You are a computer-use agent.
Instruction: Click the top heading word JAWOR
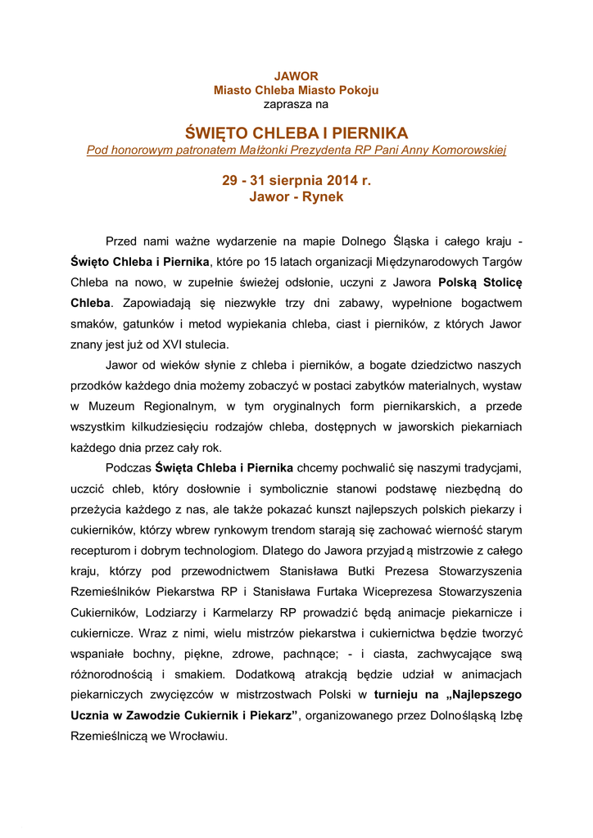click(x=296, y=76)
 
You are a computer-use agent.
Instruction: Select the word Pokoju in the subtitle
click(x=358, y=90)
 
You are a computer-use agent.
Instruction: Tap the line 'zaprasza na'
click(x=296, y=104)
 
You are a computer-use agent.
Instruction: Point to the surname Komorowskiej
click(x=466, y=150)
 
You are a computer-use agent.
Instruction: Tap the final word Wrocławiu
click(x=199, y=736)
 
